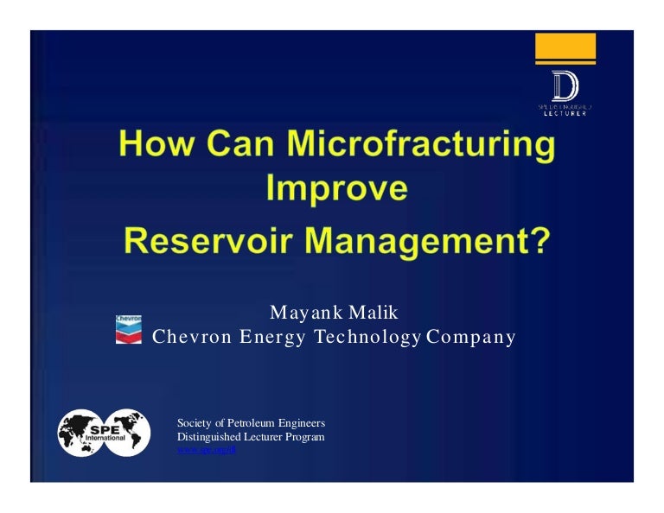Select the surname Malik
(x=372, y=313)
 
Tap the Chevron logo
(x=129, y=329)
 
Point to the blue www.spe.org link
(x=201, y=451)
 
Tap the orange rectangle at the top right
(x=565, y=47)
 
